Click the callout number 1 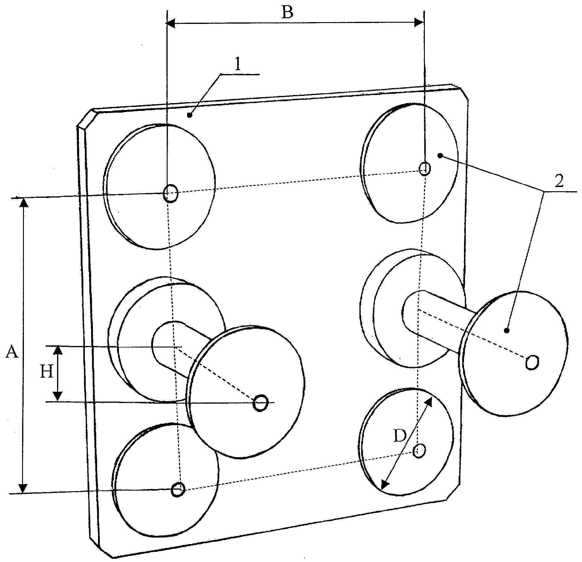click(238, 65)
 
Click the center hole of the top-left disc click(171, 194)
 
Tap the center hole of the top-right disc click(425, 169)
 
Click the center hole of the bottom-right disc click(419, 451)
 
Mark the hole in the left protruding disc click(261, 403)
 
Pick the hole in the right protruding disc click(532, 362)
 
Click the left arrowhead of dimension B click(170, 23)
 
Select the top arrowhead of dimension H click(58, 350)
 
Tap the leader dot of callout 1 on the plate click(189, 115)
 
